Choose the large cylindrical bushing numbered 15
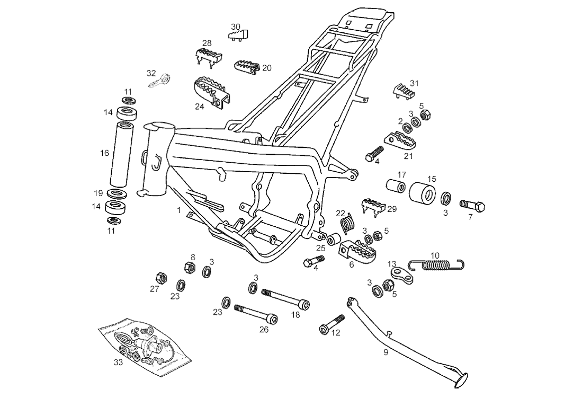pyautogui.click(x=423, y=191)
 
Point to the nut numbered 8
pyautogui.click(x=188, y=267)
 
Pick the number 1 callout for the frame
pyautogui.click(x=179, y=210)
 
